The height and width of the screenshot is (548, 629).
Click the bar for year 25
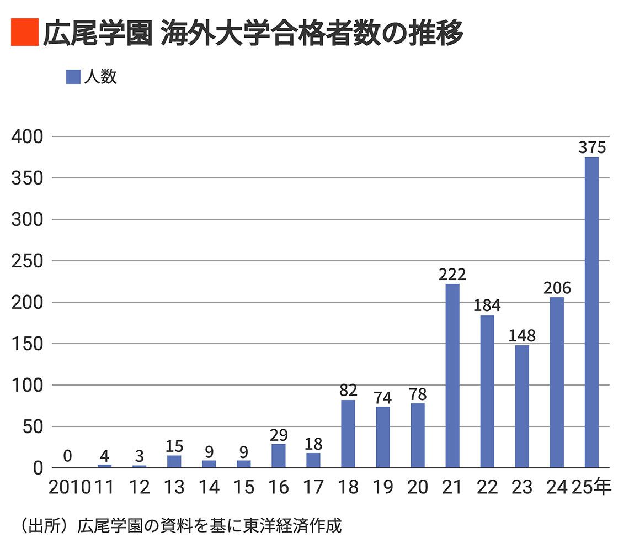591,313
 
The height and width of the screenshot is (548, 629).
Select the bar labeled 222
452,376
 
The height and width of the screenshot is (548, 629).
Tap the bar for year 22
487,392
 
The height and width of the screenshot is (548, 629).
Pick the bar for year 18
348,434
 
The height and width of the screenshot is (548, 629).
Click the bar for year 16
279,456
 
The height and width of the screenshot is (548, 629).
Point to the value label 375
592,148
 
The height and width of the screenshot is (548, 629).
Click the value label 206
557,288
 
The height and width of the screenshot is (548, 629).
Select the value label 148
522,336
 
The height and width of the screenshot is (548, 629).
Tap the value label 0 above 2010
67,456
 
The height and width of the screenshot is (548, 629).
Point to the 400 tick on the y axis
28,136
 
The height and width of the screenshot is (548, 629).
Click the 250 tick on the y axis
28,261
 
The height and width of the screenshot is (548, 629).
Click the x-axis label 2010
70,487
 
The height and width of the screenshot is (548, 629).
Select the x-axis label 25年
591,487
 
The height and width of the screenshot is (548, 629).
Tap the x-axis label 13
174,487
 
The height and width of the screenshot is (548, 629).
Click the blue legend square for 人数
73,77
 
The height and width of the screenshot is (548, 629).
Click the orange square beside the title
24,33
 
